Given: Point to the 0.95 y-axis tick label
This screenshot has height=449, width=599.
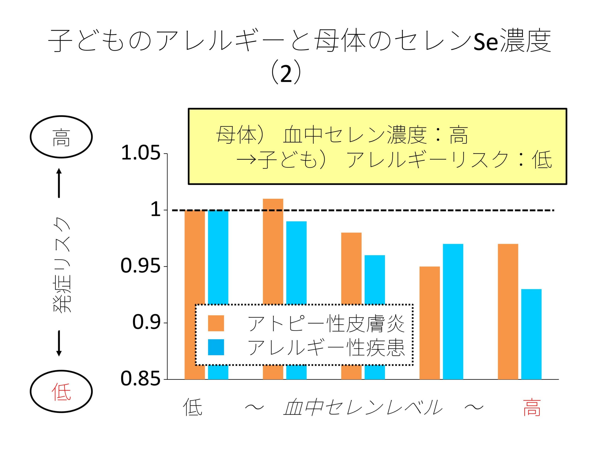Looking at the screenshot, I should click(x=140, y=266).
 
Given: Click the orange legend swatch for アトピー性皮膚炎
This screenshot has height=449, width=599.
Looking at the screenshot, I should click(x=216, y=323).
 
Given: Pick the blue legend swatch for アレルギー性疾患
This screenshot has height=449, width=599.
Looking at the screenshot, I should click(x=216, y=347).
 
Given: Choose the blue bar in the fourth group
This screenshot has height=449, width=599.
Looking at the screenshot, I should click(x=453, y=311).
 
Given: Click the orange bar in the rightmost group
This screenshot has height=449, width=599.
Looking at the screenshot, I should click(x=508, y=311).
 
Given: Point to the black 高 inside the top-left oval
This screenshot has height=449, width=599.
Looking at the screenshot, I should click(x=61, y=137).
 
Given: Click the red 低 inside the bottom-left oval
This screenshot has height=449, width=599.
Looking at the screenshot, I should click(x=61, y=392).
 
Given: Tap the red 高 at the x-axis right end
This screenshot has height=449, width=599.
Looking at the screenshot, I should click(x=532, y=408).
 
